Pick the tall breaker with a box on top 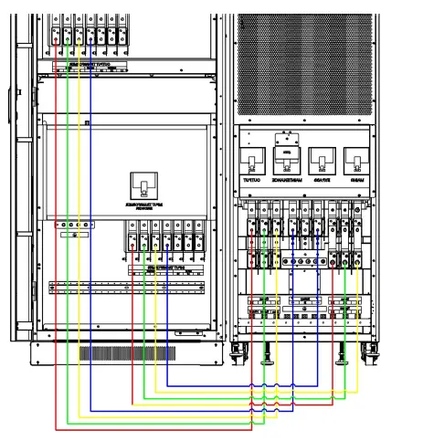pyautogui.click(x=286, y=161)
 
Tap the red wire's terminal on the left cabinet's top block pyautogui.click(x=57, y=37)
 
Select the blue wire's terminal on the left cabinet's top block pyautogui.click(x=90, y=37)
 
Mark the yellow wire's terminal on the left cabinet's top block pyautogui.click(x=79, y=37)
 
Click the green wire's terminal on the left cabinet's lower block pyautogui.click(x=143, y=242)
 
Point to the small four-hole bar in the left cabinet pyautogui.click(x=74, y=223)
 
